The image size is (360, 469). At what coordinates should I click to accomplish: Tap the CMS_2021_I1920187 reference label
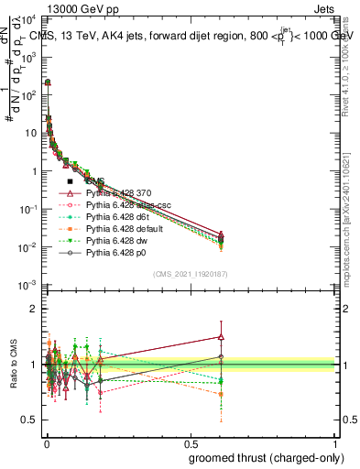(x=191, y=275)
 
